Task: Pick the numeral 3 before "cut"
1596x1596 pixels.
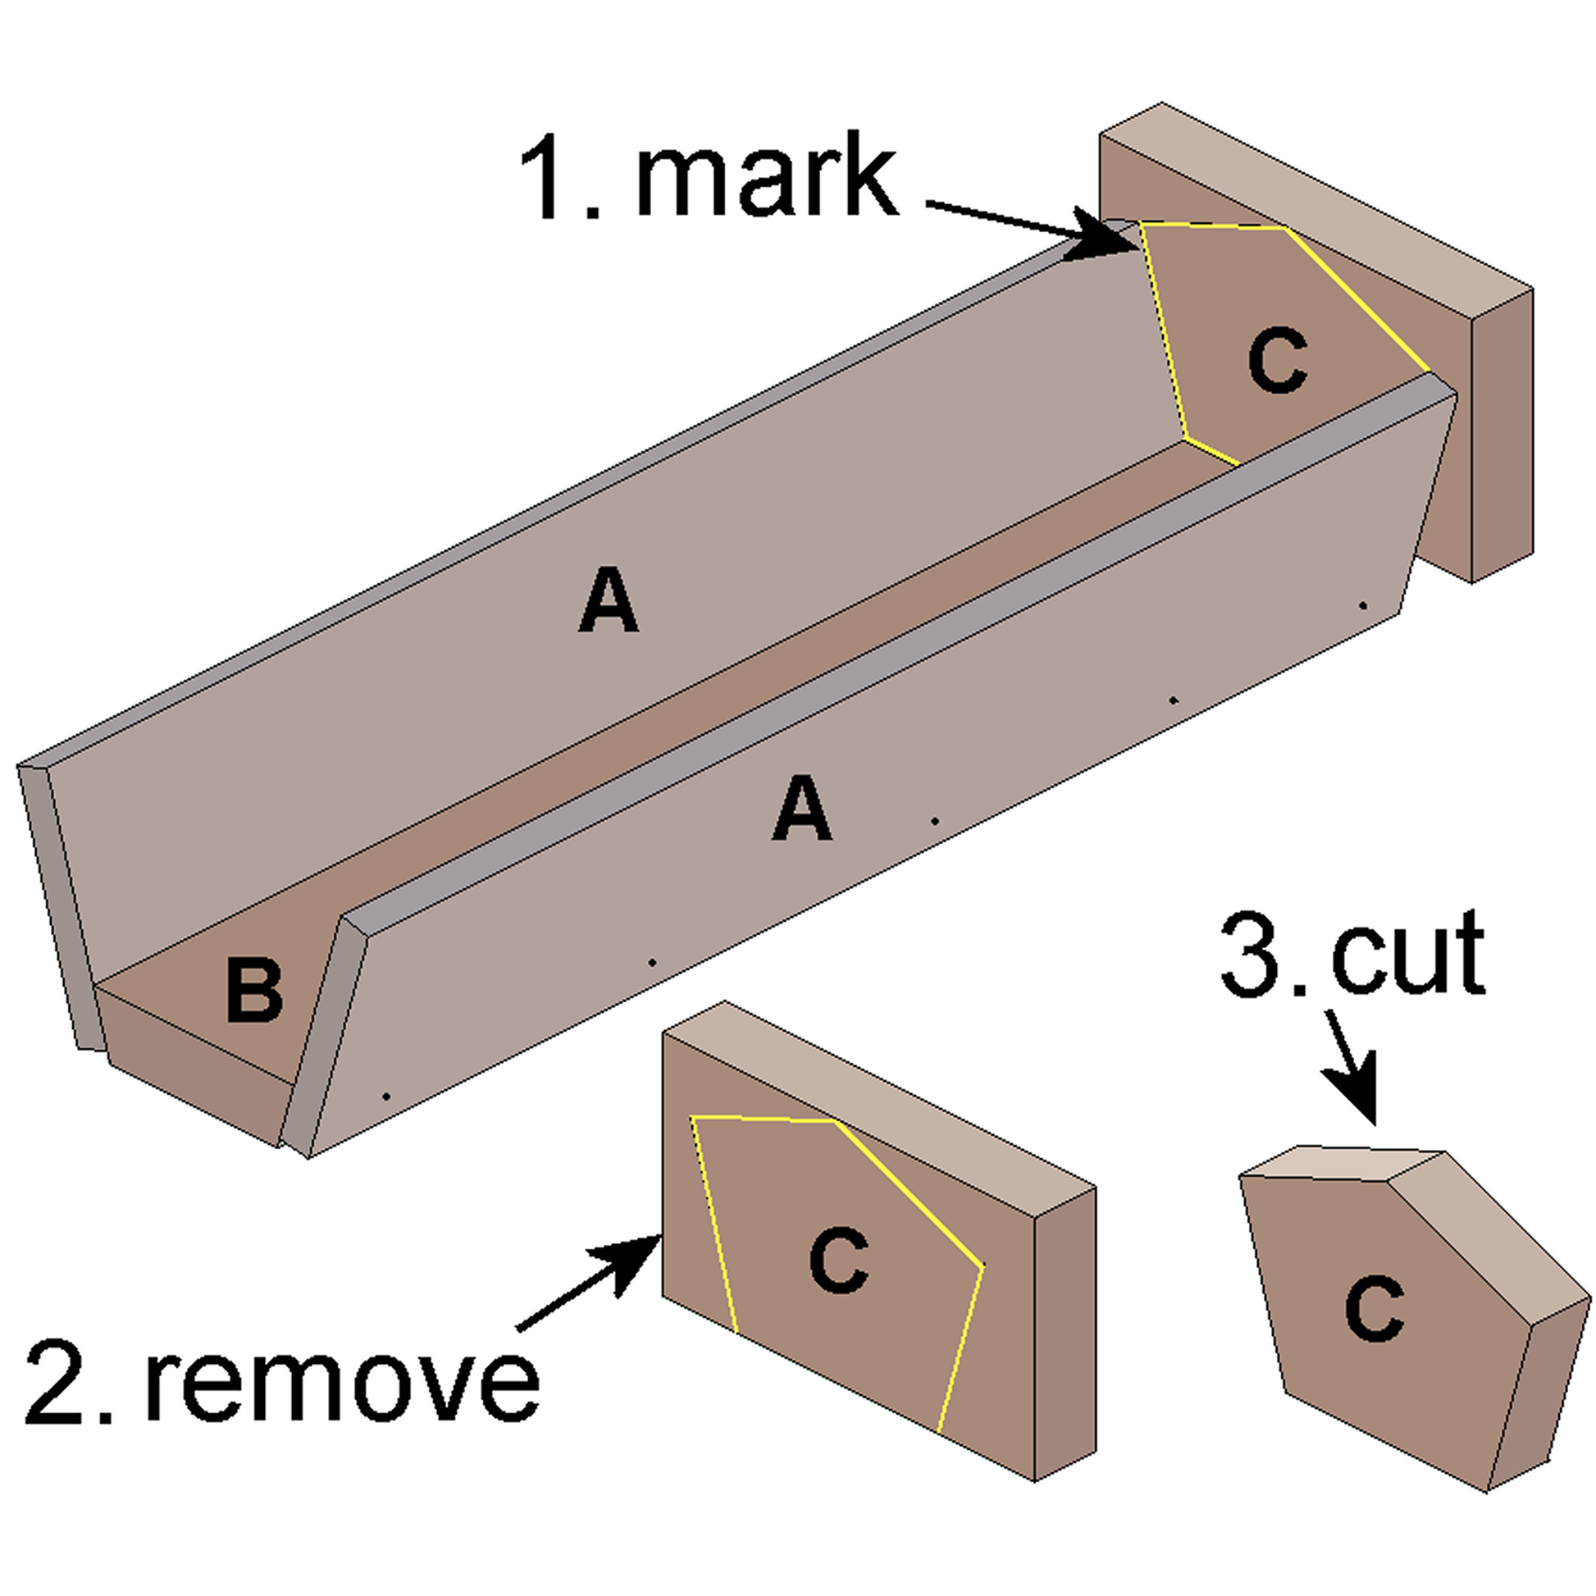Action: pos(1252,955)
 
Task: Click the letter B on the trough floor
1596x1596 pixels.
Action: pos(254,991)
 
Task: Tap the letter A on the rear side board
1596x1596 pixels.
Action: pos(608,600)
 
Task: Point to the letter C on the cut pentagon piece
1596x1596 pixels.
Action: pos(1374,1307)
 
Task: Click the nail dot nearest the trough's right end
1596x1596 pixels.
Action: pos(1363,605)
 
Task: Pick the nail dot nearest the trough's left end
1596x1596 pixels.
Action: pos(385,1097)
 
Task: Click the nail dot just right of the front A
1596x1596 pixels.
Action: pos(934,821)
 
